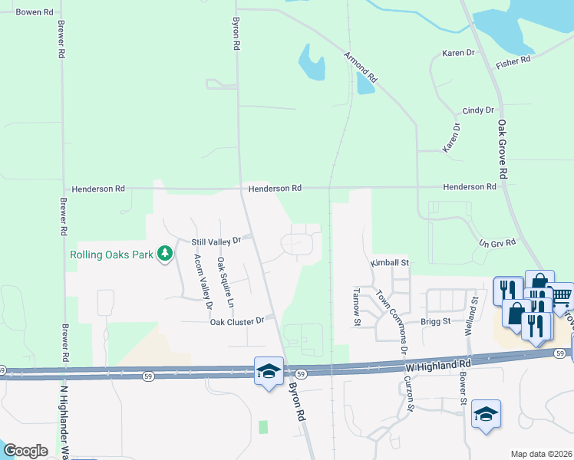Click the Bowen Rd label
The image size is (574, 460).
(x=35, y=12)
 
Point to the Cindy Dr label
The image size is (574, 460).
(x=477, y=111)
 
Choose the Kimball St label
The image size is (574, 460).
(x=391, y=262)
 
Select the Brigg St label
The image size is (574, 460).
(x=434, y=322)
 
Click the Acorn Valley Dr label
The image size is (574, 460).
(x=203, y=281)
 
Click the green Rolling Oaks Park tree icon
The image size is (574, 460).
(x=164, y=254)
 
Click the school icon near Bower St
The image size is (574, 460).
(x=485, y=415)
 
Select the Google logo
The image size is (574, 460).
(x=25, y=450)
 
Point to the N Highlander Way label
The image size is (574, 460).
(x=65, y=422)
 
